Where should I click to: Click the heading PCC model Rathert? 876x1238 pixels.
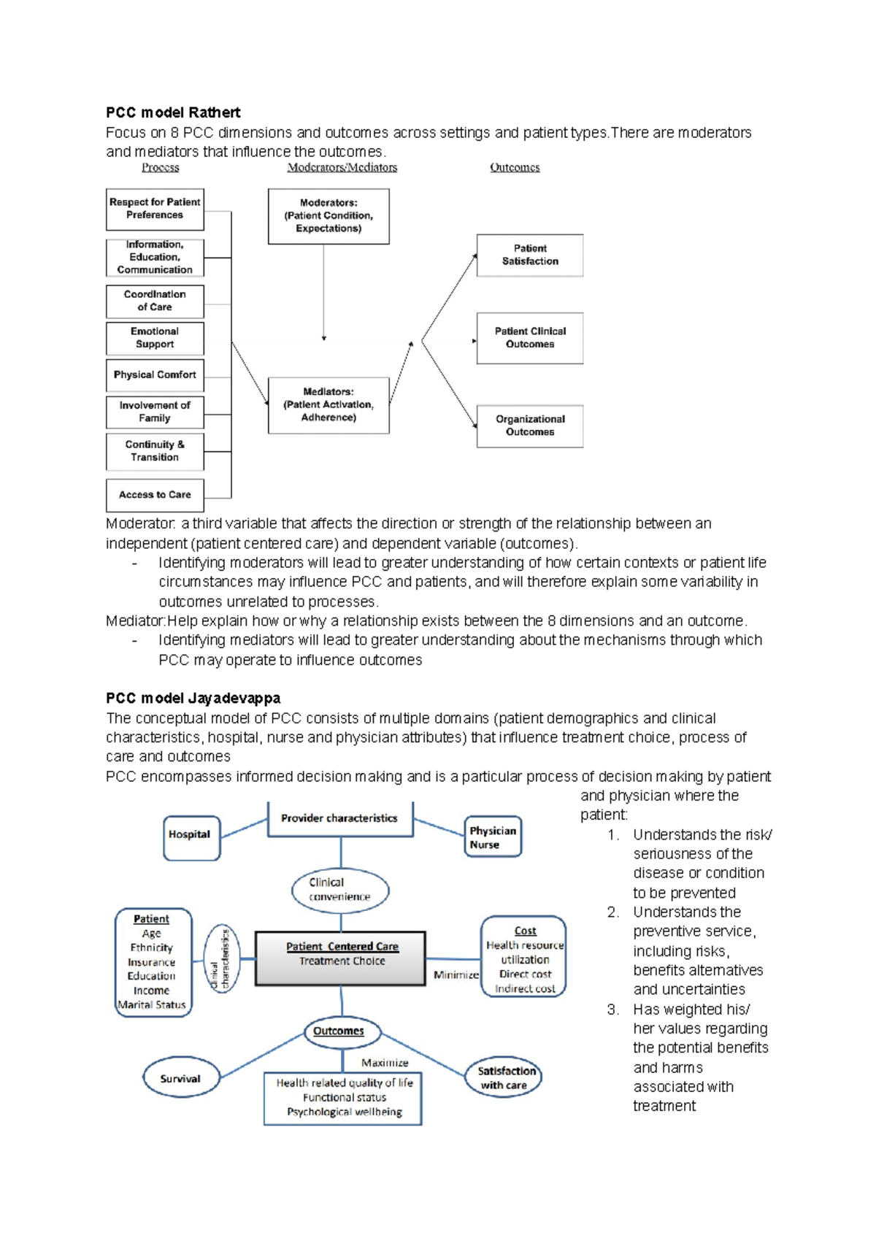[x=173, y=112]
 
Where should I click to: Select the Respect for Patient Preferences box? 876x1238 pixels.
[x=155, y=209]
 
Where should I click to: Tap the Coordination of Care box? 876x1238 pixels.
[x=155, y=301]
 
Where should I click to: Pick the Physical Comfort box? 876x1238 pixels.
[x=155, y=374]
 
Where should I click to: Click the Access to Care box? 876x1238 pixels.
[x=155, y=495]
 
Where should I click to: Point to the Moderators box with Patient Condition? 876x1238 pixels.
[x=328, y=216]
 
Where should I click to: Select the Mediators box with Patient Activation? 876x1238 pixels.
[x=328, y=405]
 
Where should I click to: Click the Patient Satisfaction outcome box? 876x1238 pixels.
[x=530, y=255]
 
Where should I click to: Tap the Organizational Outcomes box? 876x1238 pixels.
[x=530, y=426]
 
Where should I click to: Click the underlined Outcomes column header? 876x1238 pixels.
[x=515, y=167]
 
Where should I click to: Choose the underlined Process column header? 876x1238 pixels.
[x=161, y=167]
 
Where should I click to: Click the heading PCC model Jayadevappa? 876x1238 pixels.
[x=193, y=698]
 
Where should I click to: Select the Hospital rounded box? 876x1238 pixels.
[x=190, y=835]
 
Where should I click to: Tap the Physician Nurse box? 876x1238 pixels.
[x=493, y=837]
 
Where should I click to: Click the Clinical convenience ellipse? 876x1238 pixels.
[x=340, y=890]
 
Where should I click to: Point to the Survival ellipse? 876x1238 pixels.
[x=180, y=1078]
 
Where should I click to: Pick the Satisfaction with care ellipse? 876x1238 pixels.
[x=504, y=1077]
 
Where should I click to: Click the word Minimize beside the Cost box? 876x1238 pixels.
[x=456, y=974]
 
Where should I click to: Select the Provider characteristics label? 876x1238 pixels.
[x=339, y=818]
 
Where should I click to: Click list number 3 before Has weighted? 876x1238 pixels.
[x=612, y=1010]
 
